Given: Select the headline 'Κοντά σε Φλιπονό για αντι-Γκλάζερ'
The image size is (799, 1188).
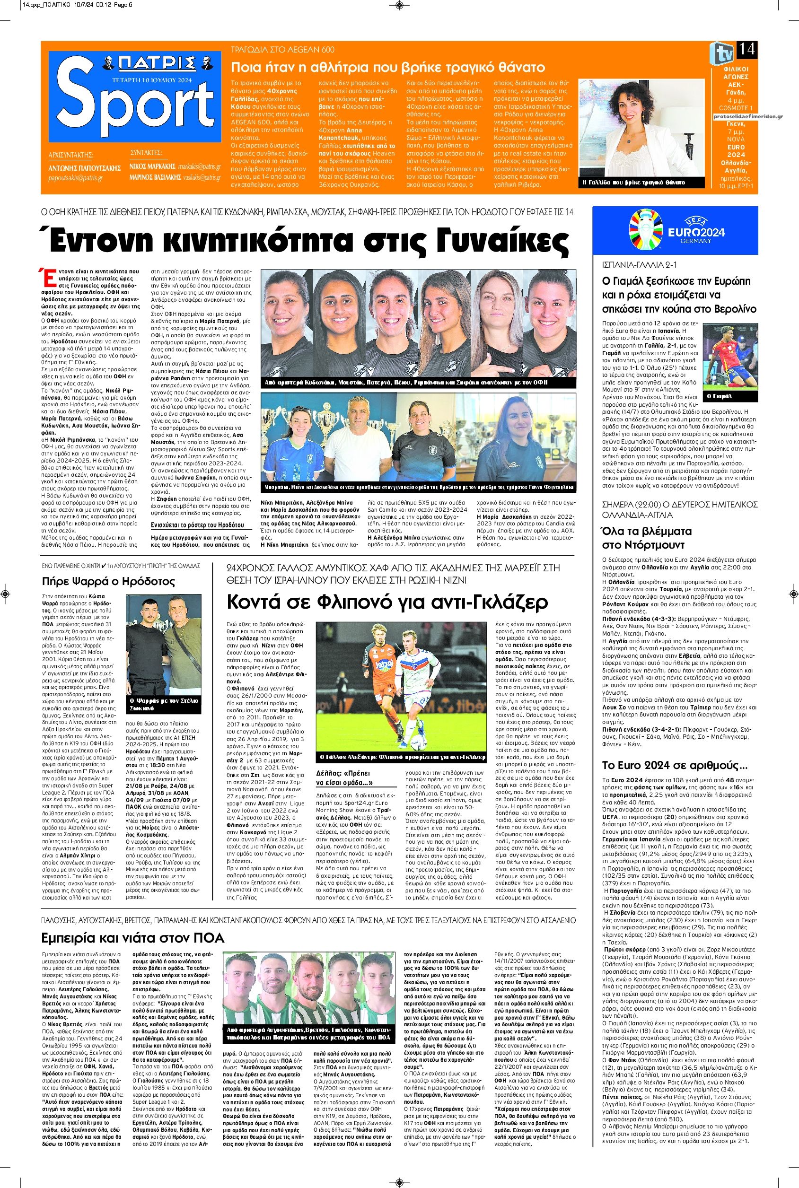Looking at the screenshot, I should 387,603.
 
